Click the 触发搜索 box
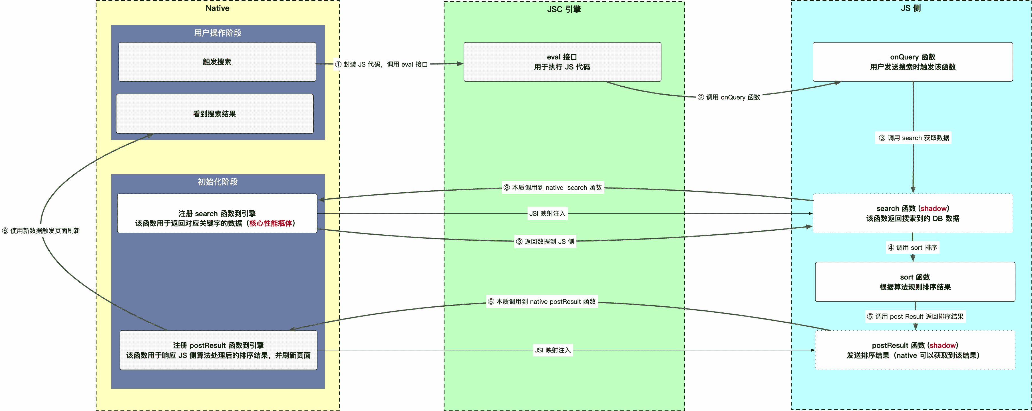[x=217, y=62]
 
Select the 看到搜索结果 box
[x=215, y=114]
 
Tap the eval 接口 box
[x=562, y=62]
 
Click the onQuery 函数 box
[x=913, y=62]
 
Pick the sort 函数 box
[x=915, y=282]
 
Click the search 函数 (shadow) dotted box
[x=913, y=213]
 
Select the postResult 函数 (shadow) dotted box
[x=915, y=350]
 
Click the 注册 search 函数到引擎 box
[x=217, y=213]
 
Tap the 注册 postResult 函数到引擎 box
[x=218, y=350]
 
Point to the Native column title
[x=218, y=8]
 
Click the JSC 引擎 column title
[x=564, y=9]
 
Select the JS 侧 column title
[x=911, y=8]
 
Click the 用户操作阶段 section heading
[x=218, y=33]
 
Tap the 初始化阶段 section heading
[x=218, y=182]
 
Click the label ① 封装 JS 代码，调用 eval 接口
[x=381, y=64]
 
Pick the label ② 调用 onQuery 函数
[x=729, y=97]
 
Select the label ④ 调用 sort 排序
[x=912, y=248]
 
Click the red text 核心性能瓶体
[x=270, y=223]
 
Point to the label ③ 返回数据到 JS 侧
[x=545, y=242]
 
